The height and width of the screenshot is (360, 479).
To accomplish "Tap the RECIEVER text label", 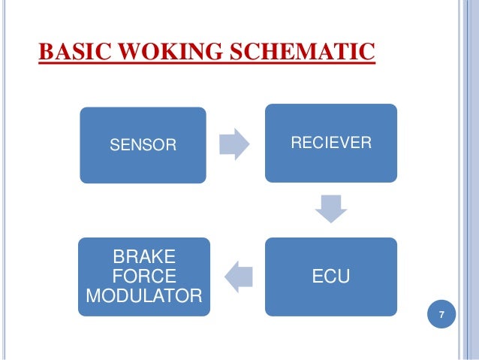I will (330, 142).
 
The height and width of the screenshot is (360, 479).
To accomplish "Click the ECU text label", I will (330, 278).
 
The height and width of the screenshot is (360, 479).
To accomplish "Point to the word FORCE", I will (144, 275).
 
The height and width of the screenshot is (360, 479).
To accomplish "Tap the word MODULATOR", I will (144, 294).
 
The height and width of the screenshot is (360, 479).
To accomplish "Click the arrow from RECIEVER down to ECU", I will (330, 208).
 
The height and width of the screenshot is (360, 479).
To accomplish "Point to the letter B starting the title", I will (44, 53).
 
